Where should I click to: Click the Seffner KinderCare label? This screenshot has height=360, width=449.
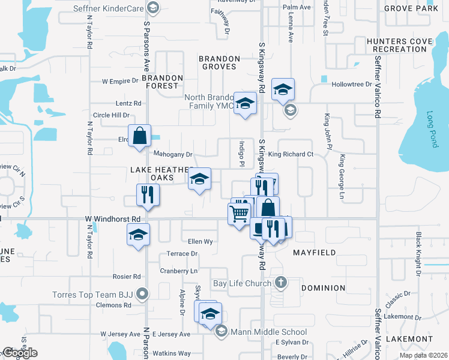click(x=108, y=8)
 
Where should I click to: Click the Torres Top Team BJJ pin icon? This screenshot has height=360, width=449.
click(x=142, y=294)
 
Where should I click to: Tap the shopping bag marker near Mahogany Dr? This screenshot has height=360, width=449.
click(x=140, y=136)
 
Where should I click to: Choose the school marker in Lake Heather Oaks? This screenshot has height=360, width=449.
click(x=200, y=179)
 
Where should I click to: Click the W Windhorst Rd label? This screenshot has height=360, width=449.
click(x=112, y=219)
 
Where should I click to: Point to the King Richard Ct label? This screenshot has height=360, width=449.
click(x=291, y=154)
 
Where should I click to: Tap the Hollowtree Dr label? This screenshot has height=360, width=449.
click(x=352, y=85)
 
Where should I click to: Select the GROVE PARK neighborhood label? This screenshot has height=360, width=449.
click(x=411, y=8)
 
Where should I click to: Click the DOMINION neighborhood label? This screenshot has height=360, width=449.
click(x=324, y=288)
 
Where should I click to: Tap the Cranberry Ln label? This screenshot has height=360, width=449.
click(x=178, y=271)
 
